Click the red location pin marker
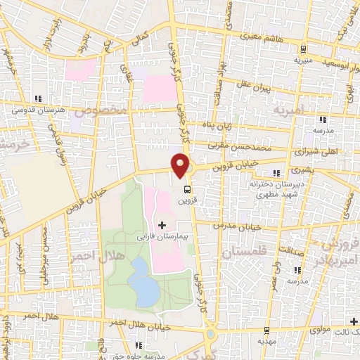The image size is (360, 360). click(x=181, y=165)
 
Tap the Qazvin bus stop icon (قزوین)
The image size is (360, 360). click(x=186, y=189)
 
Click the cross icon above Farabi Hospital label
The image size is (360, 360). click(x=163, y=226)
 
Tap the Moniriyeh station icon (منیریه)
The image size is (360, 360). click(x=304, y=49)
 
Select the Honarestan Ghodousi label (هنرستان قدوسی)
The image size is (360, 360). click(x=39, y=110)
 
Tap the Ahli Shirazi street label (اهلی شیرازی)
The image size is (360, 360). click(x=318, y=150)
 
